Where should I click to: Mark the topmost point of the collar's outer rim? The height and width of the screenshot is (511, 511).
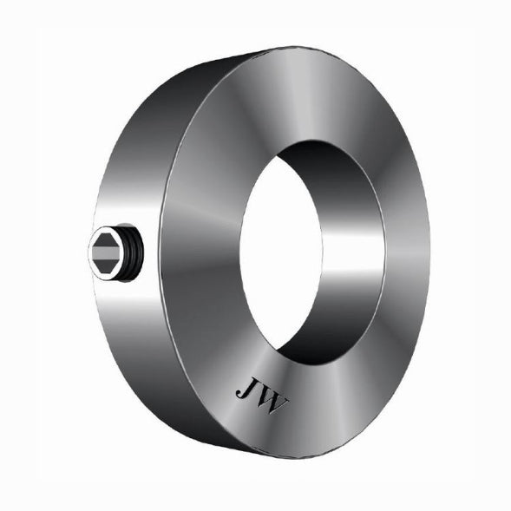tap(286, 48)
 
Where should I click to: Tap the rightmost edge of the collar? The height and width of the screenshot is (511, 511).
tap(431, 252)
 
